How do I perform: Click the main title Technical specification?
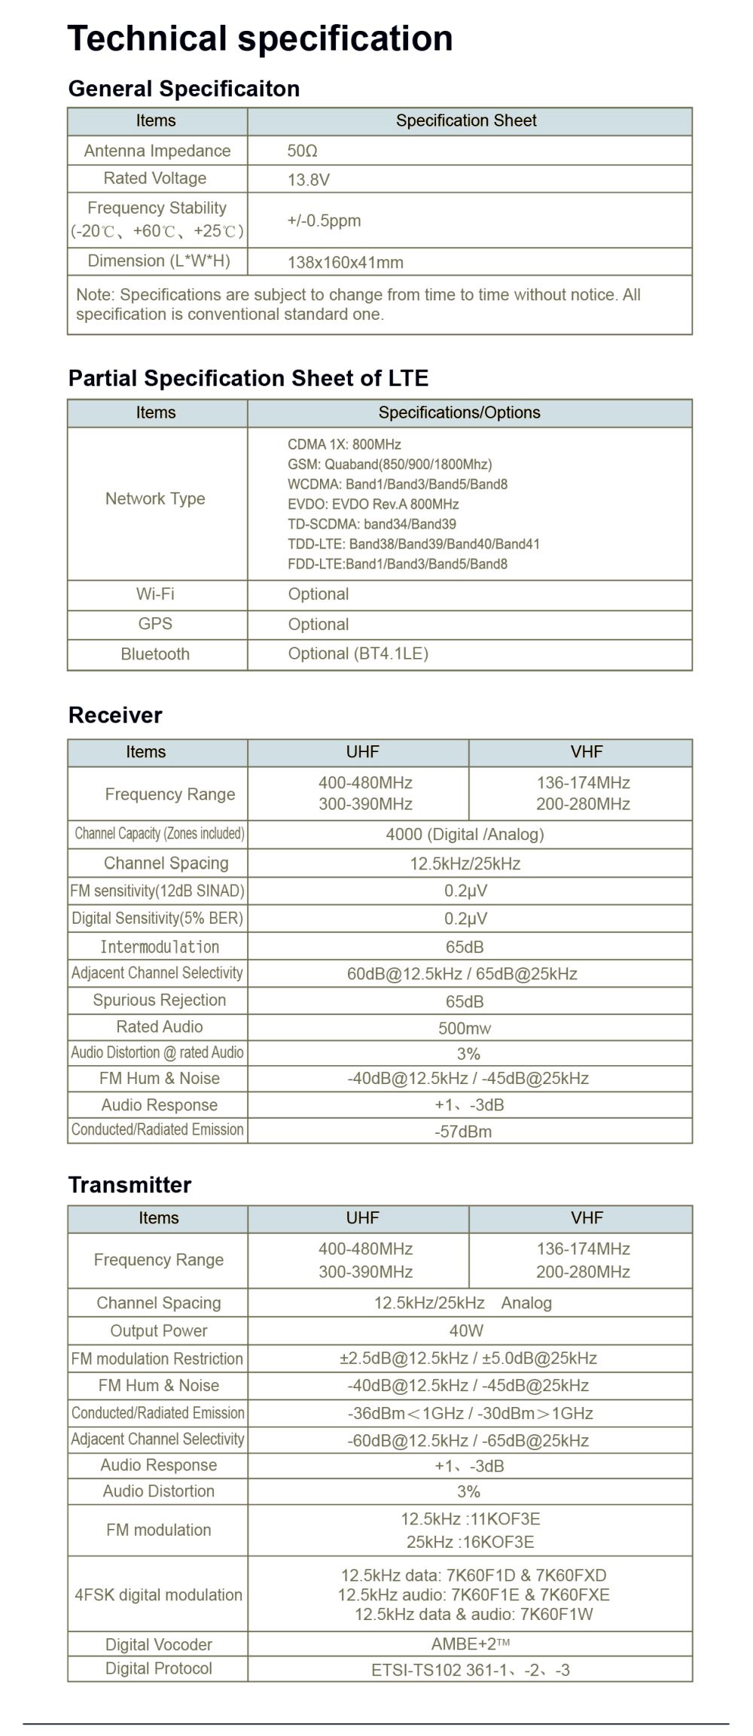tap(260, 38)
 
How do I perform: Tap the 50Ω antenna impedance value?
tap(302, 151)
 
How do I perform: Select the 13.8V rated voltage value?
tap(308, 180)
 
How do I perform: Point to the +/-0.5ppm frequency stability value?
tap(324, 221)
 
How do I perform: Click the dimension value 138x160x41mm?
tap(345, 263)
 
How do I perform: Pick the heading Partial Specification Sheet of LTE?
tap(248, 378)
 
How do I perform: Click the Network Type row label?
tap(155, 498)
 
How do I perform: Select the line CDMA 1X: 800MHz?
tap(344, 444)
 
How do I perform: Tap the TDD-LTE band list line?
tap(413, 544)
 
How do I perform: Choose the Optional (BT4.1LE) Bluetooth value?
tap(358, 653)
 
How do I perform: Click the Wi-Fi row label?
tap(155, 594)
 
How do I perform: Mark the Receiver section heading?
tap(114, 715)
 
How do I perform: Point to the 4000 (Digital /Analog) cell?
tap(465, 834)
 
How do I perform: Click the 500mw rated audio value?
tap(465, 1028)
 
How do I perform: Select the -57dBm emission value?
tap(463, 1131)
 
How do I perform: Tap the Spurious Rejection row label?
tap(159, 1000)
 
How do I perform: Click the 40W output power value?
tap(466, 1331)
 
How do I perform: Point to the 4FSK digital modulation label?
tap(158, 1594)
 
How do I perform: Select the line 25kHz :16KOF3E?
tap(470, 1542)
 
